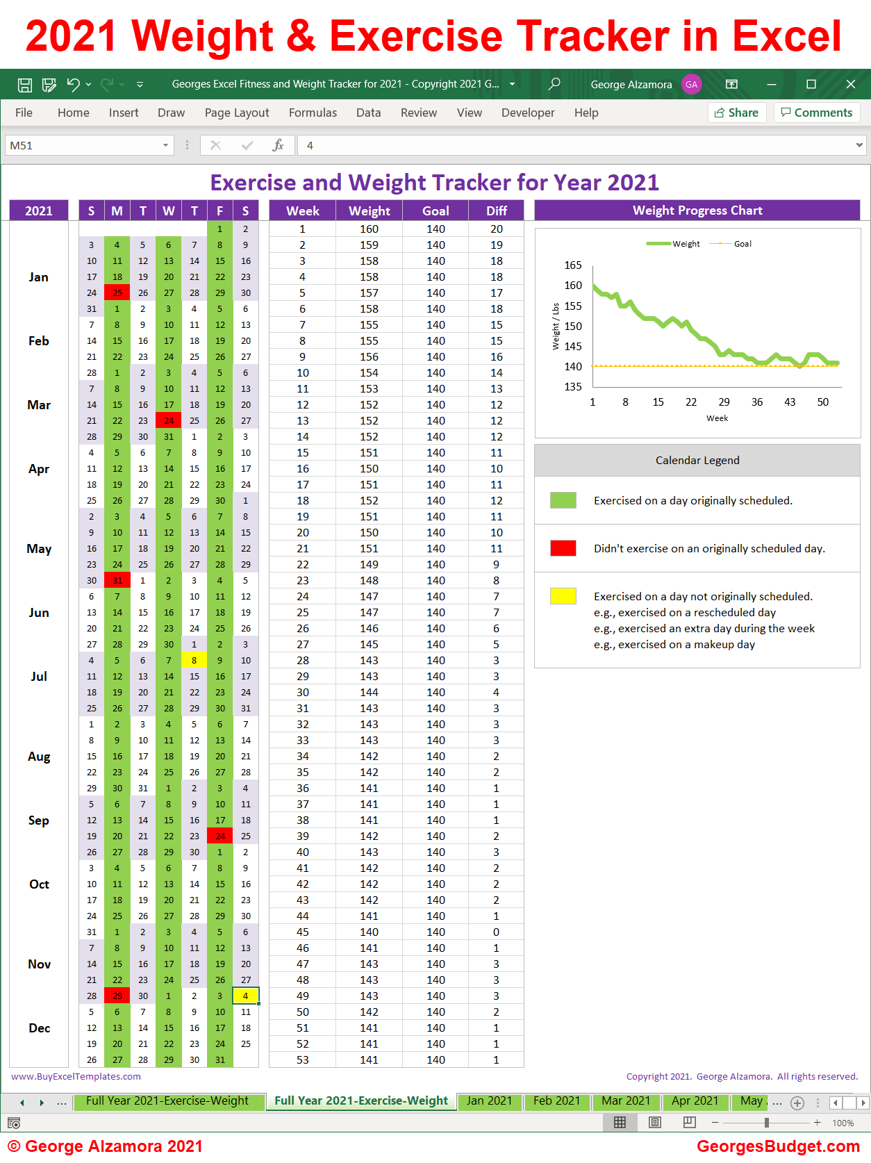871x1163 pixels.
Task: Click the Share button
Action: [x=737, y=113]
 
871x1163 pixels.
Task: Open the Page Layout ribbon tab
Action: [x=237, y=113]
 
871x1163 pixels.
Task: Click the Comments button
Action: [x=817, y=113]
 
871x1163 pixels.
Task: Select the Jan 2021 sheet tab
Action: [x=489, y=1100]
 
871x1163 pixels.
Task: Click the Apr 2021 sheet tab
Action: [x=695, y=1100]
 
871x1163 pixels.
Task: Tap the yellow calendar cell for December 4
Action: [x=245, y=996]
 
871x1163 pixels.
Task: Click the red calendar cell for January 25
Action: [x=117, y=293]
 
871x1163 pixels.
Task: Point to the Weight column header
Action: [x=369, y=211]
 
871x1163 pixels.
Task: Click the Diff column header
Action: [x=496, y=211]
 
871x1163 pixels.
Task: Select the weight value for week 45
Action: [x=369, y=932]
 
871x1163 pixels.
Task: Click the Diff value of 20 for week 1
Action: [x=496, y=229]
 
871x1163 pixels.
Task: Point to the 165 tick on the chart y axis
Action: [x=573, y=265]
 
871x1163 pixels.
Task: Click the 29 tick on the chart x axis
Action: [x=724, y=402]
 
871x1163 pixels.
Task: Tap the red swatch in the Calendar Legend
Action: [x=563, y=548]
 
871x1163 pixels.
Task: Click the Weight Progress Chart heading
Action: [x=697, y=211]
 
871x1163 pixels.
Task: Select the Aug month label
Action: [x=39, y=757]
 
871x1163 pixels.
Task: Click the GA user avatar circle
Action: [x=691, y=85]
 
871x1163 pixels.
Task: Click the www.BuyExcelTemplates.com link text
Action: [x=76, y=1076]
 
